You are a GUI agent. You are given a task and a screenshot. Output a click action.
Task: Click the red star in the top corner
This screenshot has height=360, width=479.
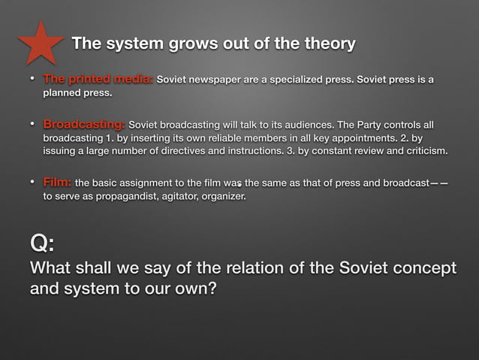click(x=41, y=43)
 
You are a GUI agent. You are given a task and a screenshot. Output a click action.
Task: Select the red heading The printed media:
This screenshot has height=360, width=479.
click(x=98, y=79)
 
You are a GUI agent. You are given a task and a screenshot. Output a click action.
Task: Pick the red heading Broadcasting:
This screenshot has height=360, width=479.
click(x=84, y=124)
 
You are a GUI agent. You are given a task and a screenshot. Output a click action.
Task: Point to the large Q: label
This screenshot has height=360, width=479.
click(x=42, y=244)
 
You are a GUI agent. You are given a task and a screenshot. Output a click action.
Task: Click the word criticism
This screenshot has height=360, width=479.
click(x=420, y=153)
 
